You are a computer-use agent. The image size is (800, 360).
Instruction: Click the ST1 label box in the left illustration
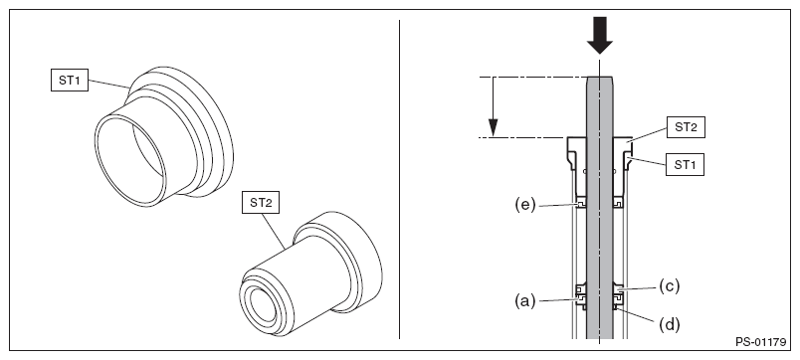pyautogui.click(x=70, y=82)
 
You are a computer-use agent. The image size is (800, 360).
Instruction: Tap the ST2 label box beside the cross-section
pyautogui.click(x=686, y=127)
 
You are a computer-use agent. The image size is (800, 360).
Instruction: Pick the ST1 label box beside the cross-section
pyautogui.click(x=685, y=165)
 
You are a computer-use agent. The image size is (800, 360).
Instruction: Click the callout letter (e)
pyautogui.click(x=525, y=205)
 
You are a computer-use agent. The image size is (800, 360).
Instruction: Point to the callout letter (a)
pyautogui.click(x=525, y=301)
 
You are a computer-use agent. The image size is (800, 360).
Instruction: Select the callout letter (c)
pyautogui.click(x=670, y=286)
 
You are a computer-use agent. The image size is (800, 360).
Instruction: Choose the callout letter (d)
pyautogui.click(x=670, y=324)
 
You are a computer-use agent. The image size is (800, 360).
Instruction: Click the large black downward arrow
pyautogui.click(x=599, y=35)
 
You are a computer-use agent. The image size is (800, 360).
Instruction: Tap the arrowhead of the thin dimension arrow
pyautogui.click(x=493, y=128)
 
